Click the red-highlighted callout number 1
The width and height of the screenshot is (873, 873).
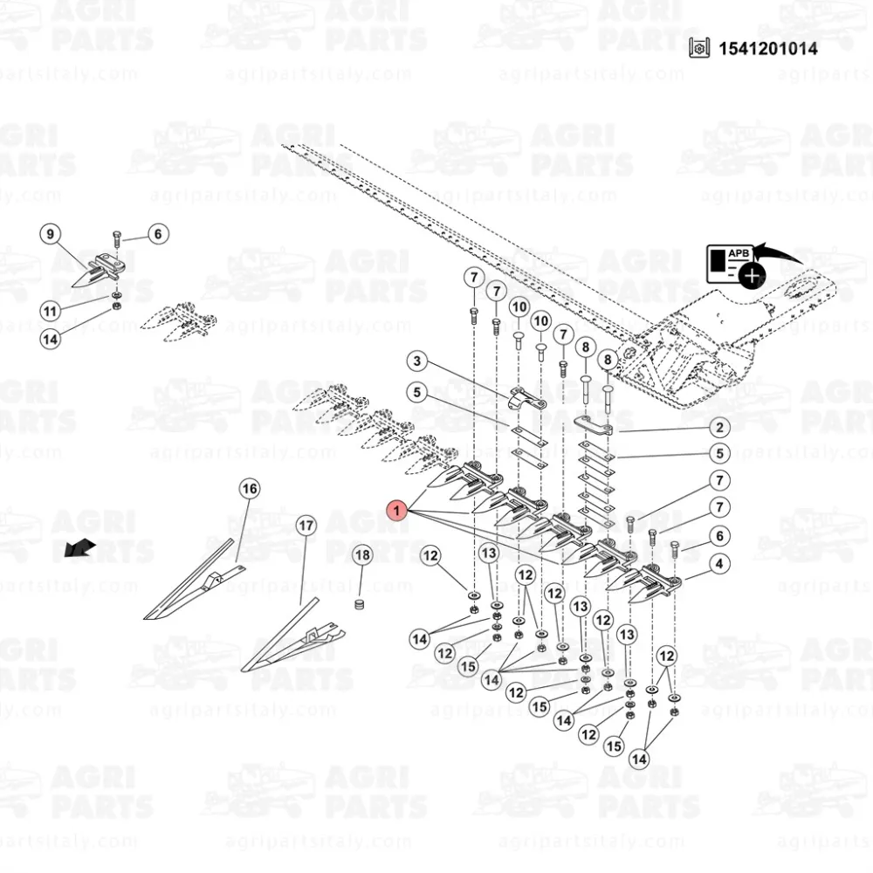click(x=396, y=510)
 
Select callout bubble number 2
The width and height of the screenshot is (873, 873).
click(x=719, y=428)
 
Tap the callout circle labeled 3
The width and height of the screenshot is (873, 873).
click(x=417, y=361)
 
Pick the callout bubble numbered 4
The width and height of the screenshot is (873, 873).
click(x=719, y=564)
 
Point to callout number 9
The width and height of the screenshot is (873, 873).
click(x=50, y=234)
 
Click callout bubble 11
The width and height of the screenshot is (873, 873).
click(x=50, y=311)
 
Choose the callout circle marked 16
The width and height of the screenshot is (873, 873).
click(x=250, y=489)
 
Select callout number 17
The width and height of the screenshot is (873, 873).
click(x=306, y=526)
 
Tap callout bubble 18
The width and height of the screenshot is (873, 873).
click(x=362, y=555)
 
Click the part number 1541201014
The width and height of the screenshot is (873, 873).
click(x=768, y=49)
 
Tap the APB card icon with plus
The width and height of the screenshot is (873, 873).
click(x=736, y=265)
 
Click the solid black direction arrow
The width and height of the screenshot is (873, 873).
click(x=79, y=548)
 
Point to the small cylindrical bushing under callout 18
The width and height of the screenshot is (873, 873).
click(x=360, y=604)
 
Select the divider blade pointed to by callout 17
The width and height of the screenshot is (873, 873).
click(x=292, y=636)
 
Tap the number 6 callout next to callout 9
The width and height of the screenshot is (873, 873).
click(x=157, y=234)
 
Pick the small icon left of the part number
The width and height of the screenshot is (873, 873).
click(x=699, y=48)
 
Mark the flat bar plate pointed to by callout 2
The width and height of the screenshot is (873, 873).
click(x=594, y=425)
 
